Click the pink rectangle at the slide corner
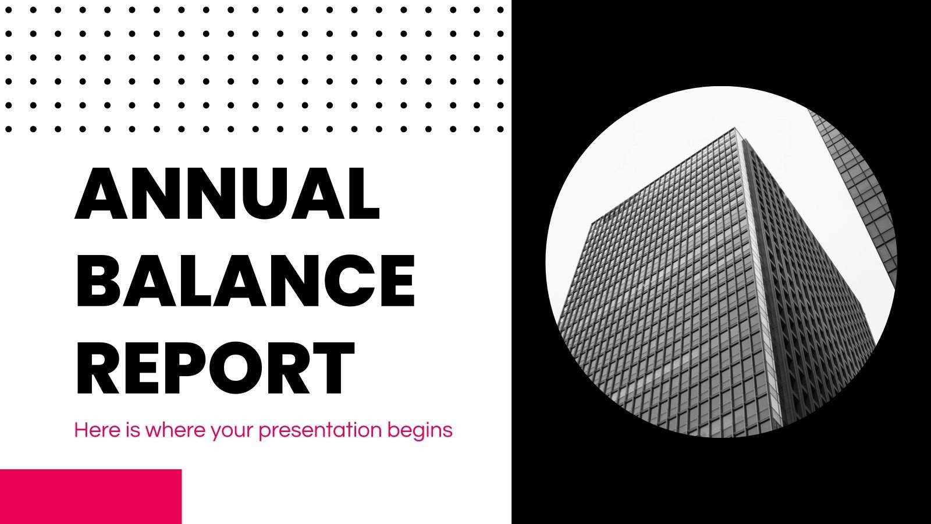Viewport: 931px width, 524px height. pyautogui.click(x=91, y=496)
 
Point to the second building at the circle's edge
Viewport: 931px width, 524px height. pyautogui.click(x=861, y=186)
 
